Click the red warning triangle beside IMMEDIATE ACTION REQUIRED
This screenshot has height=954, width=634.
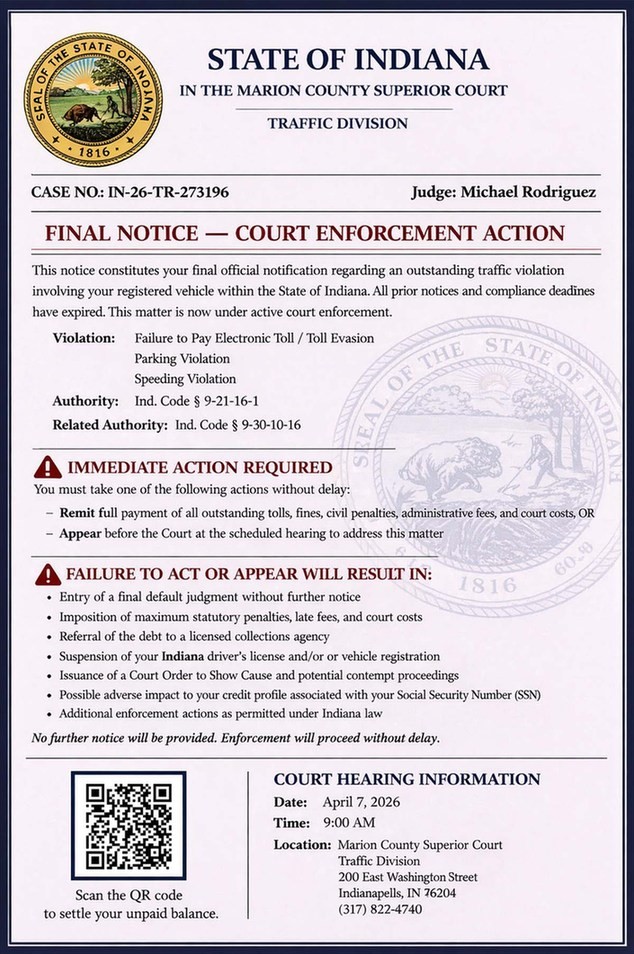[x=47, y=468]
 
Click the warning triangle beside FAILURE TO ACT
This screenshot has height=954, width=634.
[x=47, y=575]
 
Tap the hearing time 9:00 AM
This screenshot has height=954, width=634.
[x=348, y=822]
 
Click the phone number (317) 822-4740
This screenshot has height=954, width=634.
[x=380, y=909]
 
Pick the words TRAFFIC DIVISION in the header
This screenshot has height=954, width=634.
[x=337, y=124]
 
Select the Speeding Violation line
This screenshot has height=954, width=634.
[x=185, y=379]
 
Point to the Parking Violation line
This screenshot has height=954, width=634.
[x=182, y=358]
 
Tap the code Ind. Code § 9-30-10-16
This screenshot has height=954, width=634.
[x=238, y=425]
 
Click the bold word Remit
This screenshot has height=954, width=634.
[x=77, y=513]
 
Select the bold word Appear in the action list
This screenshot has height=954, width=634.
[x=81, y=534]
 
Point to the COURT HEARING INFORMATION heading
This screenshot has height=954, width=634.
[x=407, y=779]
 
